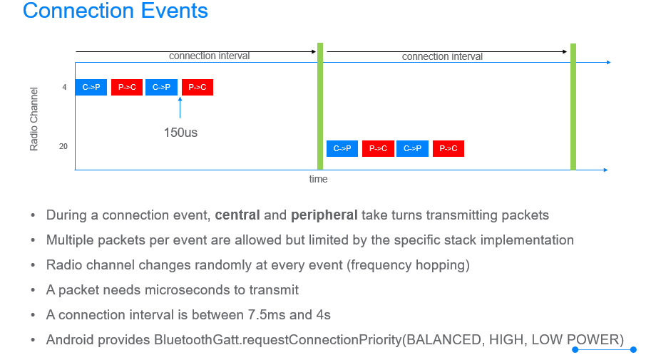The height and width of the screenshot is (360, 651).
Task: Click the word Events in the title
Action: tap(175, 11)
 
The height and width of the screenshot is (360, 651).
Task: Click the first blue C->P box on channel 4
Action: tap(91, 87)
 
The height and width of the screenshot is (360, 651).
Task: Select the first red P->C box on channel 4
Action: tap(127, 87)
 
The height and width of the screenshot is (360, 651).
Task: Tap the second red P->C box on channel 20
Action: tap(448, 149)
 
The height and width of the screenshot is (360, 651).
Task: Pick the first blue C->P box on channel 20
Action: tap(342, 149)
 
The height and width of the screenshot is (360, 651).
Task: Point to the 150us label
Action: tap(180, 133)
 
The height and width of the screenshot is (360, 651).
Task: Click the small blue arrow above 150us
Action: tap(180, 108)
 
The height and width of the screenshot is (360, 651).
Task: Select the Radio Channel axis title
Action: tap(34, 119)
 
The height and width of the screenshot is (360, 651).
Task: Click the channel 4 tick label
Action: tap(64, 87)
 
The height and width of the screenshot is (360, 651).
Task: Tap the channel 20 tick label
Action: tap(63, 146)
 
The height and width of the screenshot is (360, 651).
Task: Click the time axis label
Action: tap(319, 179)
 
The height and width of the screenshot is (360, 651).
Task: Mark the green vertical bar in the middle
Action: tap(320, 106)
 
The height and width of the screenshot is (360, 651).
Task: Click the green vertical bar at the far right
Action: tap(573, 107)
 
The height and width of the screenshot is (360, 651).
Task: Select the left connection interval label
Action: tap(209, 56)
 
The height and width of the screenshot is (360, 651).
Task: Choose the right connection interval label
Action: tap(442, 56)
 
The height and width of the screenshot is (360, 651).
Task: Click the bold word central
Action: tap(237, 215)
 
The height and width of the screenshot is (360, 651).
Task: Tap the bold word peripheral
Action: tap(324, 215)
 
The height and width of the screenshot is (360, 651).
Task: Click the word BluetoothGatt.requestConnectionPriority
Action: tap(278, 339)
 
